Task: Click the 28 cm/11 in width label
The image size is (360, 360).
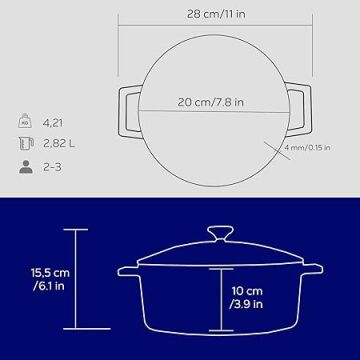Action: click(x=216, y=14)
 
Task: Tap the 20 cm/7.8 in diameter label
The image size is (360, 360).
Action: click(x=210, y=102)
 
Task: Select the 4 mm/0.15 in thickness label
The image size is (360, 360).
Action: click(x=307, y=147)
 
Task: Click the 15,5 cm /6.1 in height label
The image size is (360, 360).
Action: click(x=50, y=279)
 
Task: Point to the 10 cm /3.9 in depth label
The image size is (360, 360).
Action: click(x=247, y=297)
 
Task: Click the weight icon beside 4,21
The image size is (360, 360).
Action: click(x=25, y=121)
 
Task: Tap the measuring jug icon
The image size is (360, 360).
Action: click(x=26, y=144)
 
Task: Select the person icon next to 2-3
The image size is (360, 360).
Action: click(x=26, y=167)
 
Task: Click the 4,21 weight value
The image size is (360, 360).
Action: click(x=53, y=123)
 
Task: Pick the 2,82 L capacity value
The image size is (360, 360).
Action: click(x=59, y=144)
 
